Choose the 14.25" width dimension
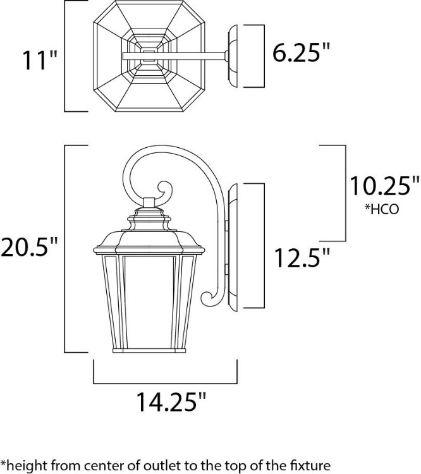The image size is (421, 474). [x=172, y=401]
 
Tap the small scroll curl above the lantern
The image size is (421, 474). [x=163, y=191]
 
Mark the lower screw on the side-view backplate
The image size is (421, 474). [x=226, y=271]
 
